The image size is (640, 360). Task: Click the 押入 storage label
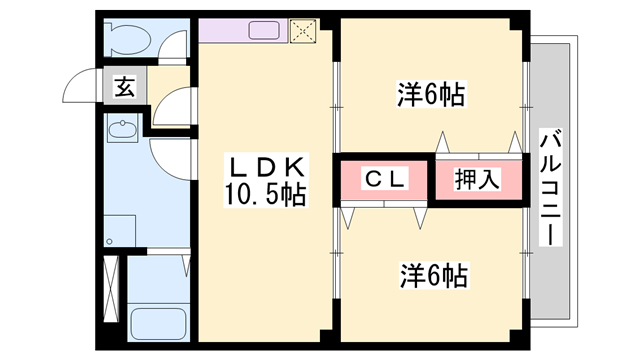477,181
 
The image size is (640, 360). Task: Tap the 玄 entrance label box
124,87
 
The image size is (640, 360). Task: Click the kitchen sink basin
264,31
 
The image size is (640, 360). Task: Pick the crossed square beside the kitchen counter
302,32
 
